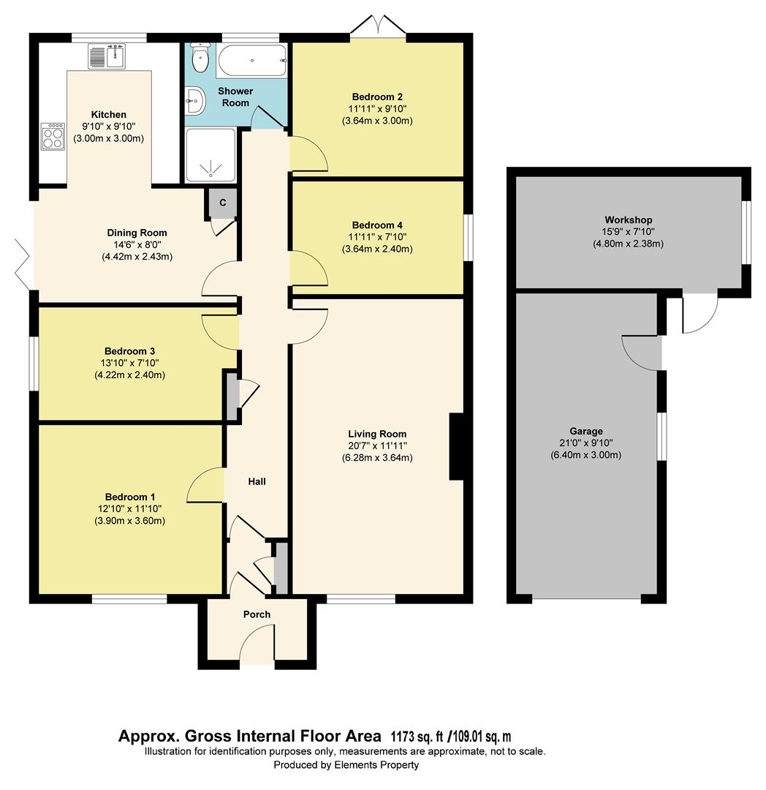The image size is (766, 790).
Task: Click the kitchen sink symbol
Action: (107, 56)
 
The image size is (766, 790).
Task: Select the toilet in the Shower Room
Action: (199, 56)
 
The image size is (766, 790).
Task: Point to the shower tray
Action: (211, 156)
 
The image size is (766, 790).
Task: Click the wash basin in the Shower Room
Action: (194, 101)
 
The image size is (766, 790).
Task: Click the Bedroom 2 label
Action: (377, 97)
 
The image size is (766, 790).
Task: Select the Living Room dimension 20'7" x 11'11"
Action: (377, 445)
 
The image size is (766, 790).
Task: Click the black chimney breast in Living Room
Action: (456, 447)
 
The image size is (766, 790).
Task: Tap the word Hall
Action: (257, 481)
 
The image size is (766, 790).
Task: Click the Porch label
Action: (257, 614)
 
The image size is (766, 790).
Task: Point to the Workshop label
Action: (628, 219)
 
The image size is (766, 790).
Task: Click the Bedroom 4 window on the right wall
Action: (467, 237)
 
